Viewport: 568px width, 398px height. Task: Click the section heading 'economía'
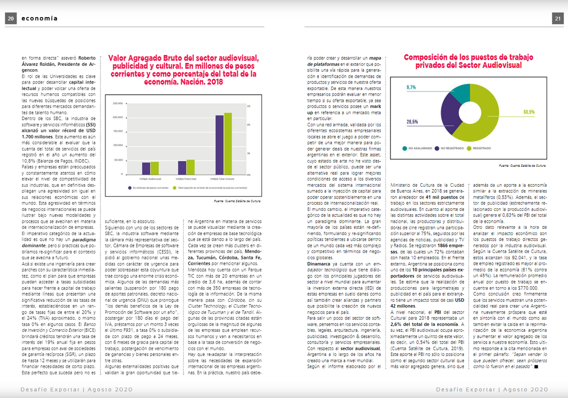click(40, 18)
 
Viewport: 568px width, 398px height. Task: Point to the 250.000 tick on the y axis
click(117, 103)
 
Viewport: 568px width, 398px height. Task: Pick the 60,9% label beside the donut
click(529, 112)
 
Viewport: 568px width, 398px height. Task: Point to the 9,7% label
click(412, 87)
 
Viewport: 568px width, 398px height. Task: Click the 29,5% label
click(412, 122)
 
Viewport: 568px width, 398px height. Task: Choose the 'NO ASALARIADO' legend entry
click(418, 148)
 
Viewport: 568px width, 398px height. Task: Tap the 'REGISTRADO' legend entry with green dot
click(479, 148)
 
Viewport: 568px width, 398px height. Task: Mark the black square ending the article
click(536, 367)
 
